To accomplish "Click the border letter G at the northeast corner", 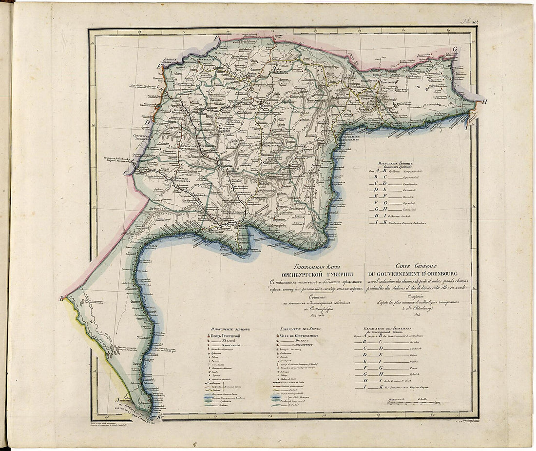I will click(455, 49).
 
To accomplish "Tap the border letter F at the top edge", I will click(218, 38).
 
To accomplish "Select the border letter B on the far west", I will click(62, 299).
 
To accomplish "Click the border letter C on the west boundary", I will click(126, 173).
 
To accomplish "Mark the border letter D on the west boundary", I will click(147, 122).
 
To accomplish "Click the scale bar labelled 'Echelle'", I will click(413, 401).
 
